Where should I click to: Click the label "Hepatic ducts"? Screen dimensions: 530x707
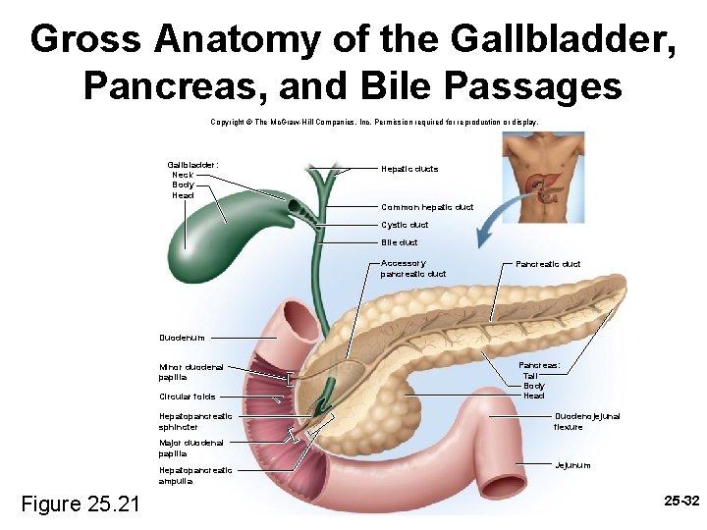click(x=409, y=169)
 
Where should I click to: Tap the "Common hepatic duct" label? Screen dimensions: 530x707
click(x=427, y=207)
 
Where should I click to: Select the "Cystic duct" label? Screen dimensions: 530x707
click(x=405, y=225)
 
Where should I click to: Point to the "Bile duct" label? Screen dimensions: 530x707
click(x=400, y=242)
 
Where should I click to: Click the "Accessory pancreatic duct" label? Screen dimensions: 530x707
click(x=412, y=269)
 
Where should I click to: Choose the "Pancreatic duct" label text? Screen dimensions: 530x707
click(x=548, y=264)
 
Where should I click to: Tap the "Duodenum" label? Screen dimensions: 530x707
click(x=182, y=338)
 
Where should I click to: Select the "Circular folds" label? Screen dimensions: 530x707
click(x=188, y=397)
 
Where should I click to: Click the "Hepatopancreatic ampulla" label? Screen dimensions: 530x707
click(x=195, y=475)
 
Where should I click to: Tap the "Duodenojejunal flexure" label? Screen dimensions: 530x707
click(x=587, y=422)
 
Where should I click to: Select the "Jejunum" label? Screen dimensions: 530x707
click(x=572, y=464)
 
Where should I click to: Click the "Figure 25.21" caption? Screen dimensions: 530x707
click(x=81, y=504)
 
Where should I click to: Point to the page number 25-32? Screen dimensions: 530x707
click(x=680, y=501)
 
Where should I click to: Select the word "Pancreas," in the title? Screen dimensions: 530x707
click(x=176, y=85)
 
